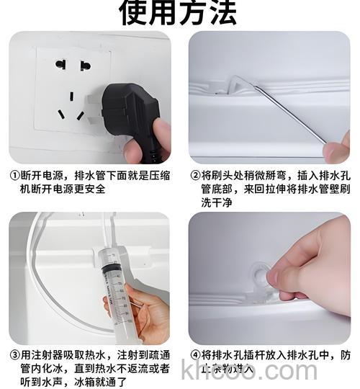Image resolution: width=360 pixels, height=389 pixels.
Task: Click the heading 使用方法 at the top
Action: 179,12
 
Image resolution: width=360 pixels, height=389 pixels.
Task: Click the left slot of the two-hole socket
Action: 60,64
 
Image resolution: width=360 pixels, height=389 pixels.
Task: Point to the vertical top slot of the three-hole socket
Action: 72,95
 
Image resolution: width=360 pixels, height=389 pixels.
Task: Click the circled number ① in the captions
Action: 14,175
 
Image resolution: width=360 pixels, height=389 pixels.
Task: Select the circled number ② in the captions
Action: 194,175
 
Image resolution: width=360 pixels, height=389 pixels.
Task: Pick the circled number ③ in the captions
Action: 14,355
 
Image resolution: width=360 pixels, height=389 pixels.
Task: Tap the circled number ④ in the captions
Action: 194,355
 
